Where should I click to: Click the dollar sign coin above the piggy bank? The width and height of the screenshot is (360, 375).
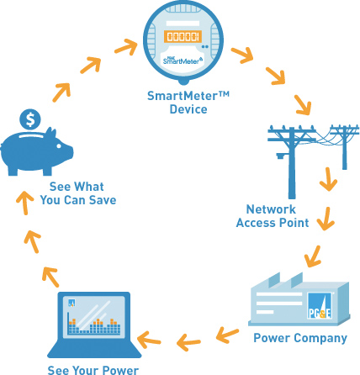(30, 119)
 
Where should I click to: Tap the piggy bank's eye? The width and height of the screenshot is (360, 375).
(59, 146)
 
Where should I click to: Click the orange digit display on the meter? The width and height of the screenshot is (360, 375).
(183, 36)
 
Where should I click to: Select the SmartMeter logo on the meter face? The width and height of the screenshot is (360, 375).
(183, 60)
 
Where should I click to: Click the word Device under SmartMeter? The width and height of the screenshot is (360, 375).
(188, 109)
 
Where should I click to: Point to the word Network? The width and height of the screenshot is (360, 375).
(271, 209)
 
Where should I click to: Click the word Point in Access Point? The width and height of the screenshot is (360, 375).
(294, 223)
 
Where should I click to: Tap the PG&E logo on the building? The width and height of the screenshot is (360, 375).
(320, 306)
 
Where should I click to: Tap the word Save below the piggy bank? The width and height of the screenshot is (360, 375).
(103, 200)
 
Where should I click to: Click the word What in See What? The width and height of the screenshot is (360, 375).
(89, 187)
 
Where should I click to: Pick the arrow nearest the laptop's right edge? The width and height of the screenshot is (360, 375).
(149, 339)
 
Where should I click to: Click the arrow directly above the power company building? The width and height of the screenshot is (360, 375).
(312, 256)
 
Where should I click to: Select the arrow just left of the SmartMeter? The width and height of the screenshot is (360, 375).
(126, 46)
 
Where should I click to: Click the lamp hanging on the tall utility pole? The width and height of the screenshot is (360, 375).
(280, 156)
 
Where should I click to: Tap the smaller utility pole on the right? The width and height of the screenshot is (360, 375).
(344, 146)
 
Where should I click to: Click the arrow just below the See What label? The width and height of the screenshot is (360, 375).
(24, 203)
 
